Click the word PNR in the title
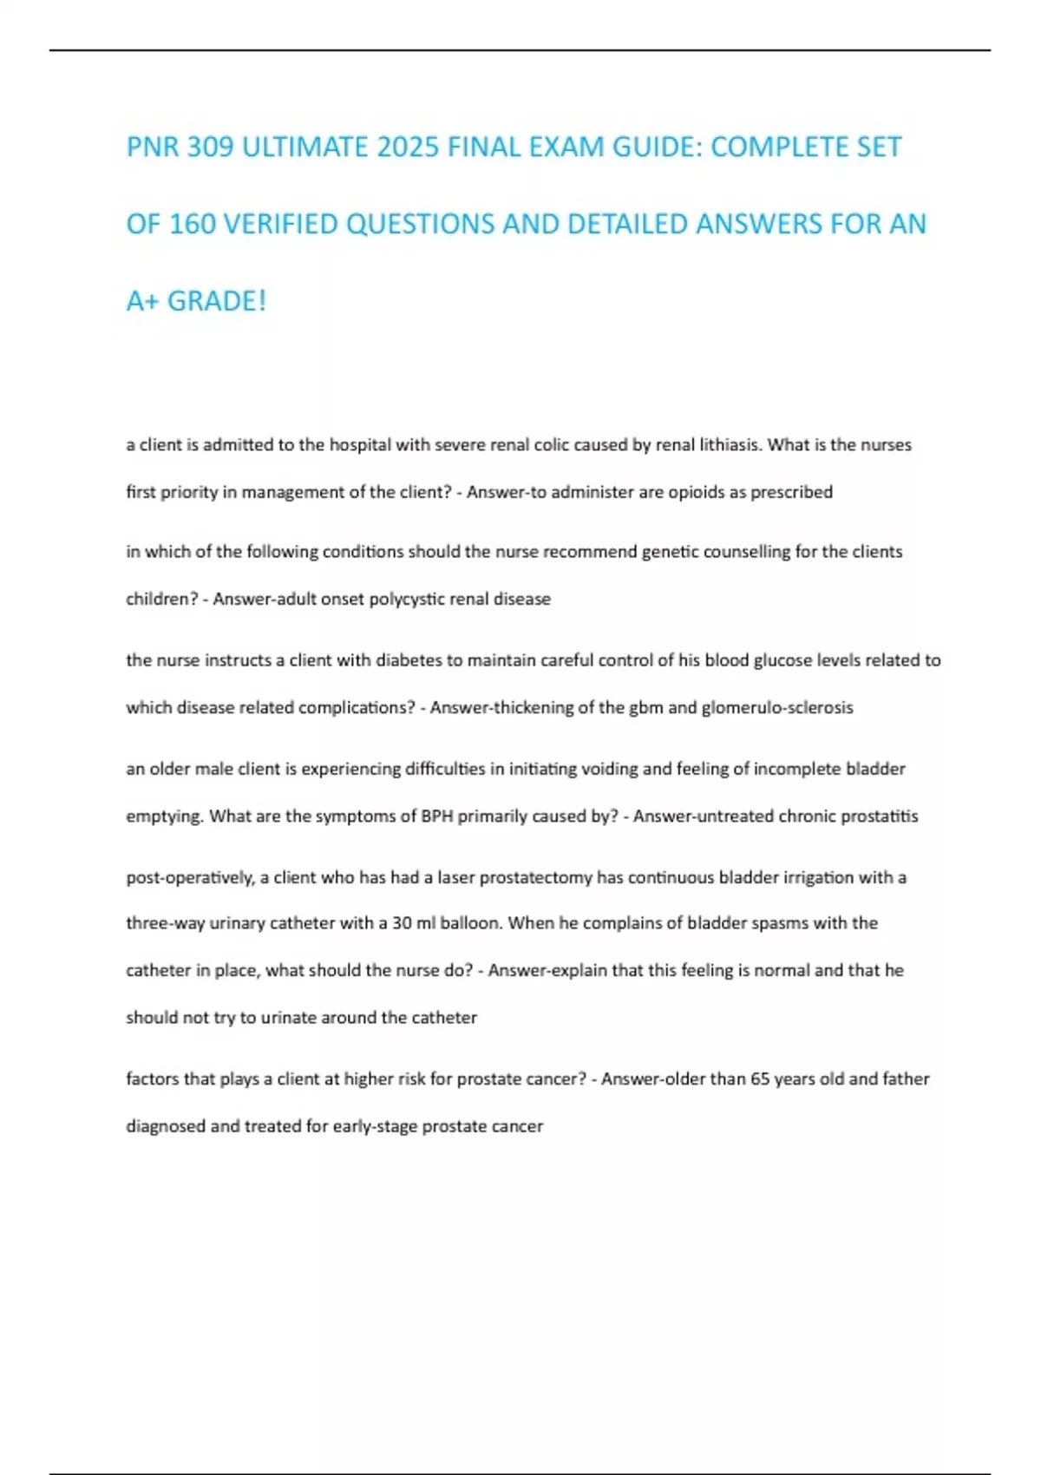point(154,147)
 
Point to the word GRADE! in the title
point(216,302)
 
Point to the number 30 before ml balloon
point(402,923)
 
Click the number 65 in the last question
point(760,1079)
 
